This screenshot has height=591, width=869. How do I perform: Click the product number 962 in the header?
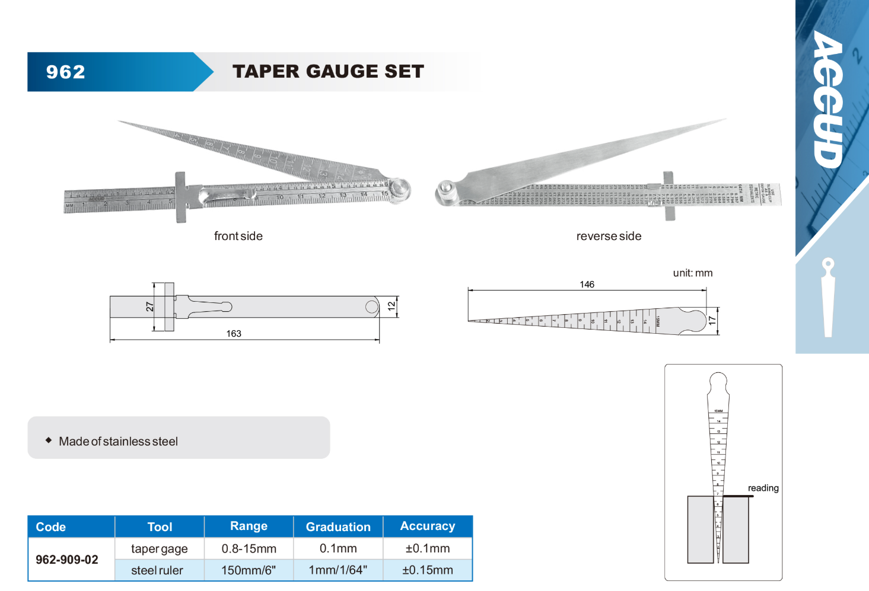pos(65,72)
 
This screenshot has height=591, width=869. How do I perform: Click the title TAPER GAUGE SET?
pos(328,71)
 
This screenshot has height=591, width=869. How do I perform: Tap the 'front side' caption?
pos(238,236)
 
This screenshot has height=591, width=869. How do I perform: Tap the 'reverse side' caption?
pos(609,236)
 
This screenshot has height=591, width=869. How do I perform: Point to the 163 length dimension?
pos(234,334)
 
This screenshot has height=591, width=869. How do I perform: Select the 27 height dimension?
pos(149,306)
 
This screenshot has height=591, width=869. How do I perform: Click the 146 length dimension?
pos(587,285)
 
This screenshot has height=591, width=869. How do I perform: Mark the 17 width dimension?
pos(712,321)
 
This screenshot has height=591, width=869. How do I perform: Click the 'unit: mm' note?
pos(692,273)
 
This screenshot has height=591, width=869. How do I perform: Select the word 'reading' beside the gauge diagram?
pos(763,488)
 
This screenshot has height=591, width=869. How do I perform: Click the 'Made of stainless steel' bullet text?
pos(118,442)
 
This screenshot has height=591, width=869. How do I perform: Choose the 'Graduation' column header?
pos(338,527)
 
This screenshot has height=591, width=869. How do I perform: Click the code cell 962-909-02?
pos(67,560)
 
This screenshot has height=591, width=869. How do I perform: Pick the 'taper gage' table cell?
pos(159,549)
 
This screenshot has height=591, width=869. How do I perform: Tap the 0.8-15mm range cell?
pos(249,549)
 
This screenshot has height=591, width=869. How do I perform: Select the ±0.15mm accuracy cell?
pos(427,570)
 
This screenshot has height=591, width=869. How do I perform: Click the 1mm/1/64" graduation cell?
pos(338,570)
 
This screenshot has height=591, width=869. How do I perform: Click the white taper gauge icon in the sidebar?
pos(828,297)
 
